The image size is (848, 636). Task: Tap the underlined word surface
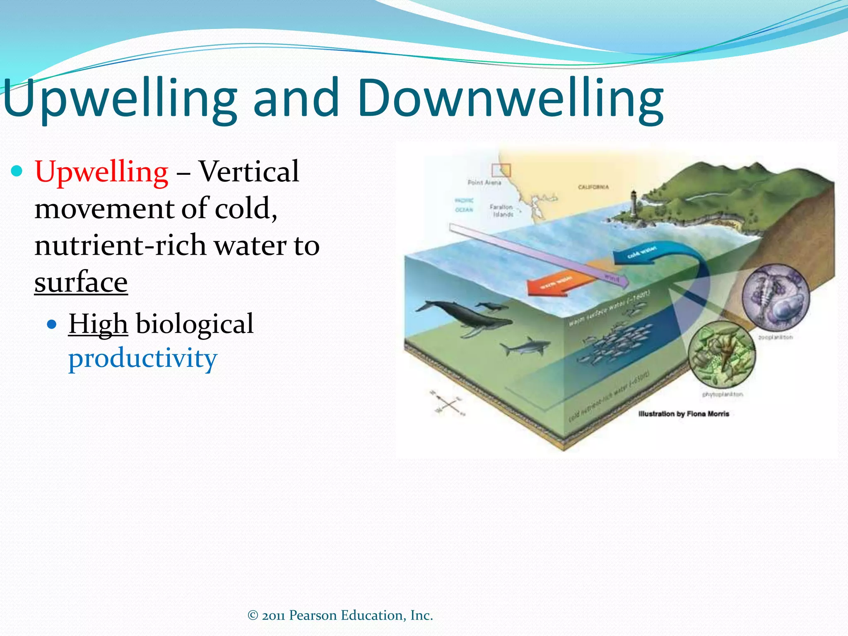[81, 282]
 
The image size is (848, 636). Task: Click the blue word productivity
[142, 359]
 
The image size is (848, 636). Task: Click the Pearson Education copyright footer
[340, 615]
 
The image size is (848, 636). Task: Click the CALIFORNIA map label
[593, 187]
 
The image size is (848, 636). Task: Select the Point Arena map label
[484, 183]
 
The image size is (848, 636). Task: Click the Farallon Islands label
[501, 210]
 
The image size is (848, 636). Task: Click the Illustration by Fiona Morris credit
[683, 414]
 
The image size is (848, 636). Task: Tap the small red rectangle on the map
[501, 170]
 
